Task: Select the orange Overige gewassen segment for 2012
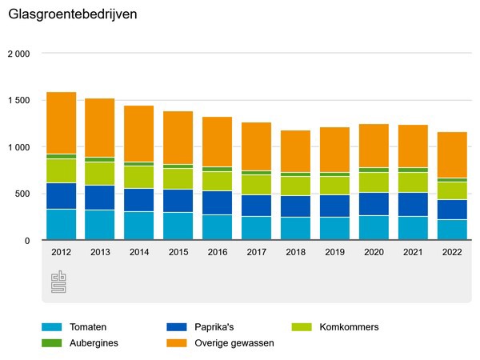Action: click(x=62, y=122)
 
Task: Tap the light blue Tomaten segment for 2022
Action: click(x=452, y=230)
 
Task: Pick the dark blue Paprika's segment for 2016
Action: click(x=217, y=202)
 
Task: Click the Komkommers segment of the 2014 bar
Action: click(x=138, y=177)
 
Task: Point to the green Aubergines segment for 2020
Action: click(x=374, y=170)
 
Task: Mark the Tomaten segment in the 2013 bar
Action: click(x=100, y=225)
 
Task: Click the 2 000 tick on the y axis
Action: click(x=18, y=54)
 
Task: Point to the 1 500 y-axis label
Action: click(x=18, y=101)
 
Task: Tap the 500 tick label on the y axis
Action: click(x=22, y=194)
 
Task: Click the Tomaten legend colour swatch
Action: click(x=52, y=327)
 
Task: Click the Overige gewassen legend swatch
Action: click(x=177, y=342)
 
